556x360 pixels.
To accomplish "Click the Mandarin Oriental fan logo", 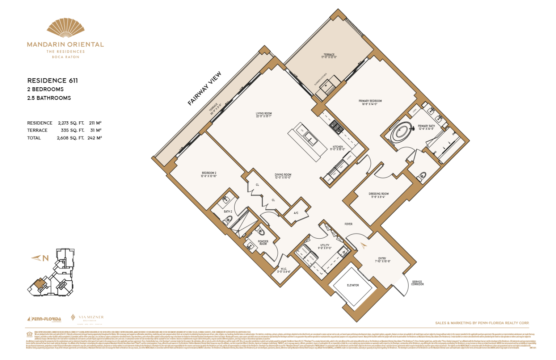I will coord(66,28).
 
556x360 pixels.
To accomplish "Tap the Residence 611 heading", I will coord(52,80).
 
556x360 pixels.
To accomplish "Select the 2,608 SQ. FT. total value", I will coord(70,138).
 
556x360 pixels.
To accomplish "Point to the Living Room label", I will coord(264,115).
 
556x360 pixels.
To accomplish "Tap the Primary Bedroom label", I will coord(370,102).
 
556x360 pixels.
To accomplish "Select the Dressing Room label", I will coord(379,195).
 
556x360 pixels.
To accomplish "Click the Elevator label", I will coord(353,285).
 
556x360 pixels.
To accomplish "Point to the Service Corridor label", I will coord(417,283).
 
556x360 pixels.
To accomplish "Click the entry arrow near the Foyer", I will coord(363,246).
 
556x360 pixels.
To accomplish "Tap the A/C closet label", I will coord(296,213).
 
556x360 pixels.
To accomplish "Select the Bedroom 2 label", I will coord(209,174).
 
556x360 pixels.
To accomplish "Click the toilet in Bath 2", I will coord(229,219).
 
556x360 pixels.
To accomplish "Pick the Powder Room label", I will coord(263,242).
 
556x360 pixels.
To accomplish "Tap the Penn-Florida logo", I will coord(44,319).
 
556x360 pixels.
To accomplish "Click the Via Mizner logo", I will coord(87,318).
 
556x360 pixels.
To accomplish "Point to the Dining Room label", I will coord(283,176).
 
